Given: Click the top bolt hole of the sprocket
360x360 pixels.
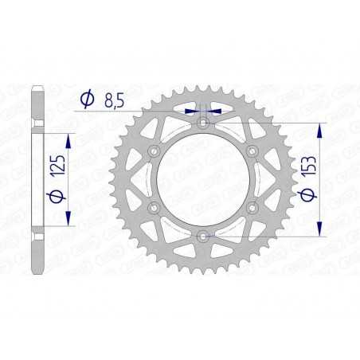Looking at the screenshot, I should tap(203, 123).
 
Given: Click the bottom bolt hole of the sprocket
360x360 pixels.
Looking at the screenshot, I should tap(203, 235).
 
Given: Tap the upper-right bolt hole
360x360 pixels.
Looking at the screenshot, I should tap(252, 151).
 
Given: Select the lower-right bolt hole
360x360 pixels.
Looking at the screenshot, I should tap(252, 207).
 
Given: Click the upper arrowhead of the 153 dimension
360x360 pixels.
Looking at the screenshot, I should tap(320, 127).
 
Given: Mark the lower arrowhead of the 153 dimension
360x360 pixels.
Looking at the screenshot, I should tap(320, 230).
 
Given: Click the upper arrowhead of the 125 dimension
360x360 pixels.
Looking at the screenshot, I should tap(68, 138).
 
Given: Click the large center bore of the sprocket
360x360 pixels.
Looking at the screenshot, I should tap(203, 179).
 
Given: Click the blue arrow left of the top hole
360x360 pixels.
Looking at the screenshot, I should tap(191, 112).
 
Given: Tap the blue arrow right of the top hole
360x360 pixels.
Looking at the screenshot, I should tap(216, 112).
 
